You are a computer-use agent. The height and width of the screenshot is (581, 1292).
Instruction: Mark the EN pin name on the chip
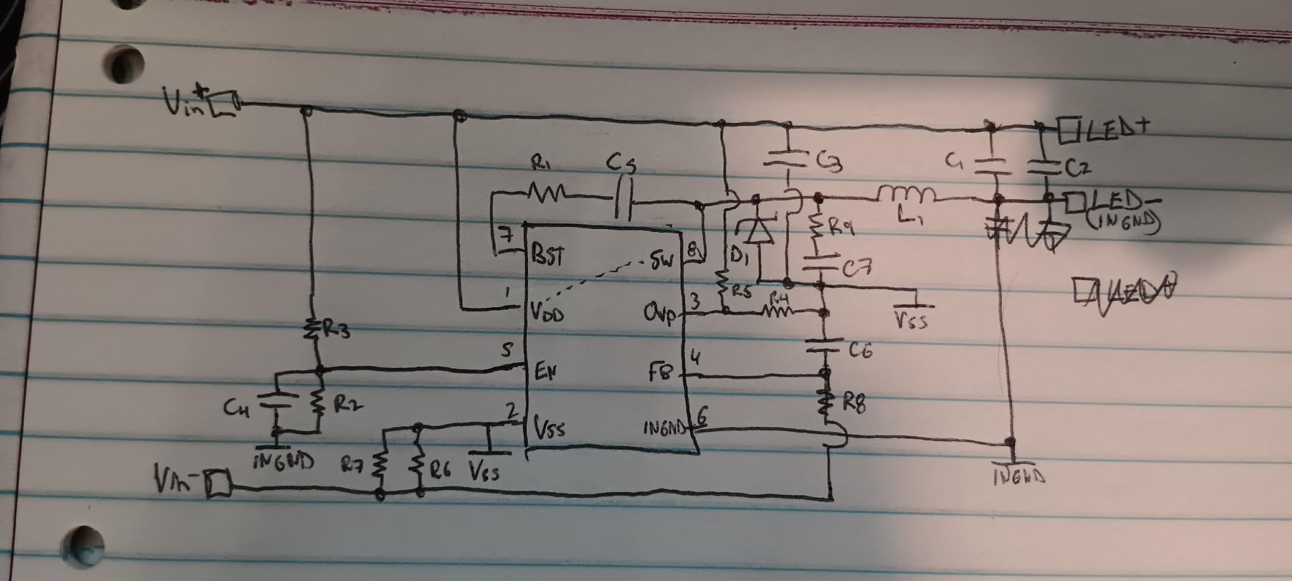click(x=546, y=372)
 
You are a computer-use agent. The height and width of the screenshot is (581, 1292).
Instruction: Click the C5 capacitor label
click(x=621, y=165)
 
